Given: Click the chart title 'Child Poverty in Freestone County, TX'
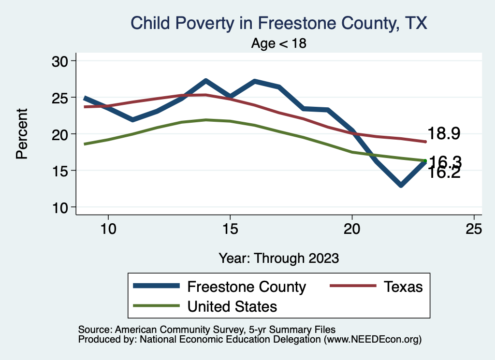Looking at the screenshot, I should [279, 23].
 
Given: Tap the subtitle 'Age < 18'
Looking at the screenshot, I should [279, 43].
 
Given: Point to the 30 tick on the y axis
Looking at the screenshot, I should [60, 61].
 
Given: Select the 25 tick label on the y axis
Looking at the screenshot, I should [60, 98].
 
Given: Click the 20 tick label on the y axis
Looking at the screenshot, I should [60, 134].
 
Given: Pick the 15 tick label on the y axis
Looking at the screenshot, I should [60, 171].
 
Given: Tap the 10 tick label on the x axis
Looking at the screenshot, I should [108, 229].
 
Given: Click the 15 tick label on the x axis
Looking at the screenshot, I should [230, 229].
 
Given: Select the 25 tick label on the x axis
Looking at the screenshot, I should [474, 229].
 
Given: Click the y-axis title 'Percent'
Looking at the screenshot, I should [21, 134].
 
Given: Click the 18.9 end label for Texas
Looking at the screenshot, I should [443, 134].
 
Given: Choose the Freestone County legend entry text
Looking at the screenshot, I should [247, 287].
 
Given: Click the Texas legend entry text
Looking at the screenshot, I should [403, 287].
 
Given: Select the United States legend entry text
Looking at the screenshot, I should [232, 306].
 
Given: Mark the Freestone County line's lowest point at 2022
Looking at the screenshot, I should [401, 185].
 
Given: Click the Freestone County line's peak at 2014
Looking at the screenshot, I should [205, 81].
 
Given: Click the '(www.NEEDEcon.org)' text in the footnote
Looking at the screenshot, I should [373, 340].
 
